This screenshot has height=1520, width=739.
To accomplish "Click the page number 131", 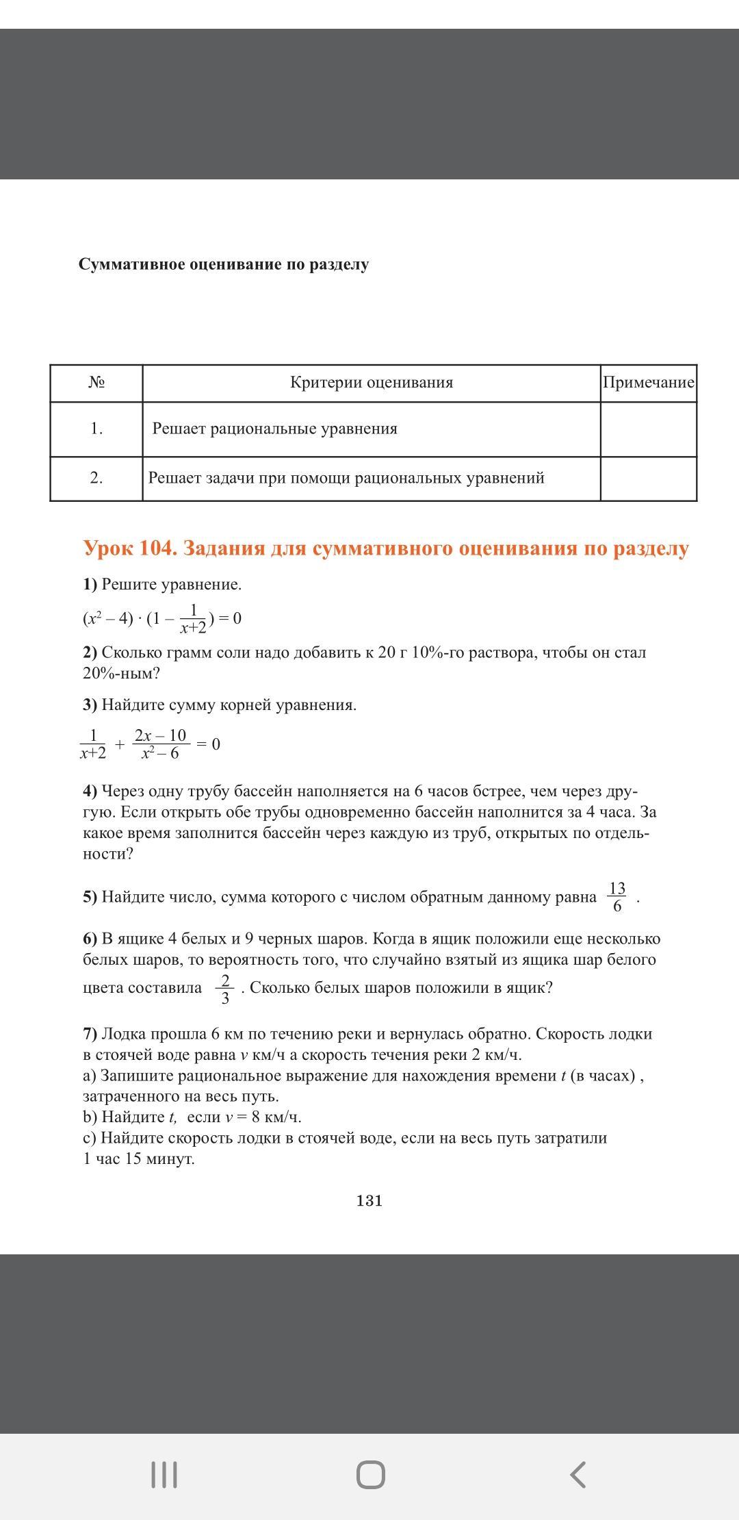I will (x=369, y=1200).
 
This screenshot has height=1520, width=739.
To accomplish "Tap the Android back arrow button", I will (x=578, y=1474).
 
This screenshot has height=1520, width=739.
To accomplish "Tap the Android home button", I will (x=370, y=1474).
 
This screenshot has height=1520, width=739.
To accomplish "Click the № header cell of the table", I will (x=96, y=382).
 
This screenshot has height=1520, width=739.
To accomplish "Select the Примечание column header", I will (x=648, y=382).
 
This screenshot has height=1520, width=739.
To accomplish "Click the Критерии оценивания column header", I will (x=372, y=382).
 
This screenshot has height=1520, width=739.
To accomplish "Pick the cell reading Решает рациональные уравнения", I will (x=274, y=429).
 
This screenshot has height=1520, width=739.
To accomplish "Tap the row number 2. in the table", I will (x=96, y=478).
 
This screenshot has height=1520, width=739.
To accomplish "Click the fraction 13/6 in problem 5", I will (x=617, y=897).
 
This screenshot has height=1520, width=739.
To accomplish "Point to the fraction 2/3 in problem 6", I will (x=225, y=989).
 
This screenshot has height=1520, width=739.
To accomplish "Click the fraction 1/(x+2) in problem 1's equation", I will (x=193, y=619).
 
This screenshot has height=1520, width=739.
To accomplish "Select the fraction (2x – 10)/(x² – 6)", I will (x=160, y=744).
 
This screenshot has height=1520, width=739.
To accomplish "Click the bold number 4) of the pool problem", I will (x=90, y=791).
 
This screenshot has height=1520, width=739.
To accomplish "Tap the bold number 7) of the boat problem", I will (x=90, y=1034).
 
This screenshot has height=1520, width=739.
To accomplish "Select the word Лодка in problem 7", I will (x=124, y=1034).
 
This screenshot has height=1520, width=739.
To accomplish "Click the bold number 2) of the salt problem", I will (x=90, y=653).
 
